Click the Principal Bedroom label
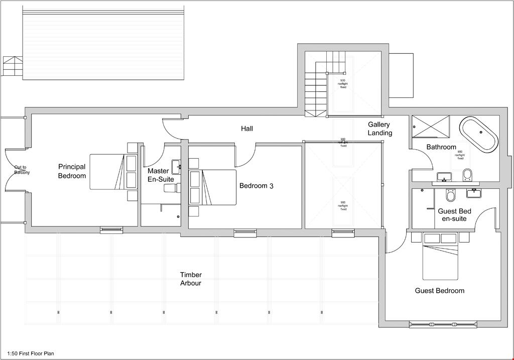click(x=72, y=171)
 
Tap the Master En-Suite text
click(x=160, y=175)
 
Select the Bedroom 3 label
click(x=256, y=186)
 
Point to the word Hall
click(x=246, y=129)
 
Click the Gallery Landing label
click(x=379, y=129)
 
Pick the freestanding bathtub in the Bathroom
click(x=479, y=134)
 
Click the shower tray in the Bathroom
click(x=430, y=126)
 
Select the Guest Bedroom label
click(x=439, y=291)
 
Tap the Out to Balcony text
click(x=22, y=170)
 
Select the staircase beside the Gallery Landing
click(x=316, y=90)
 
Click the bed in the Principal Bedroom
click(x=107, y=172)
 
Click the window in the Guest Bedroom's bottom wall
click(x=442, y=324)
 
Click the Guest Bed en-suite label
click(x=454, y=215)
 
